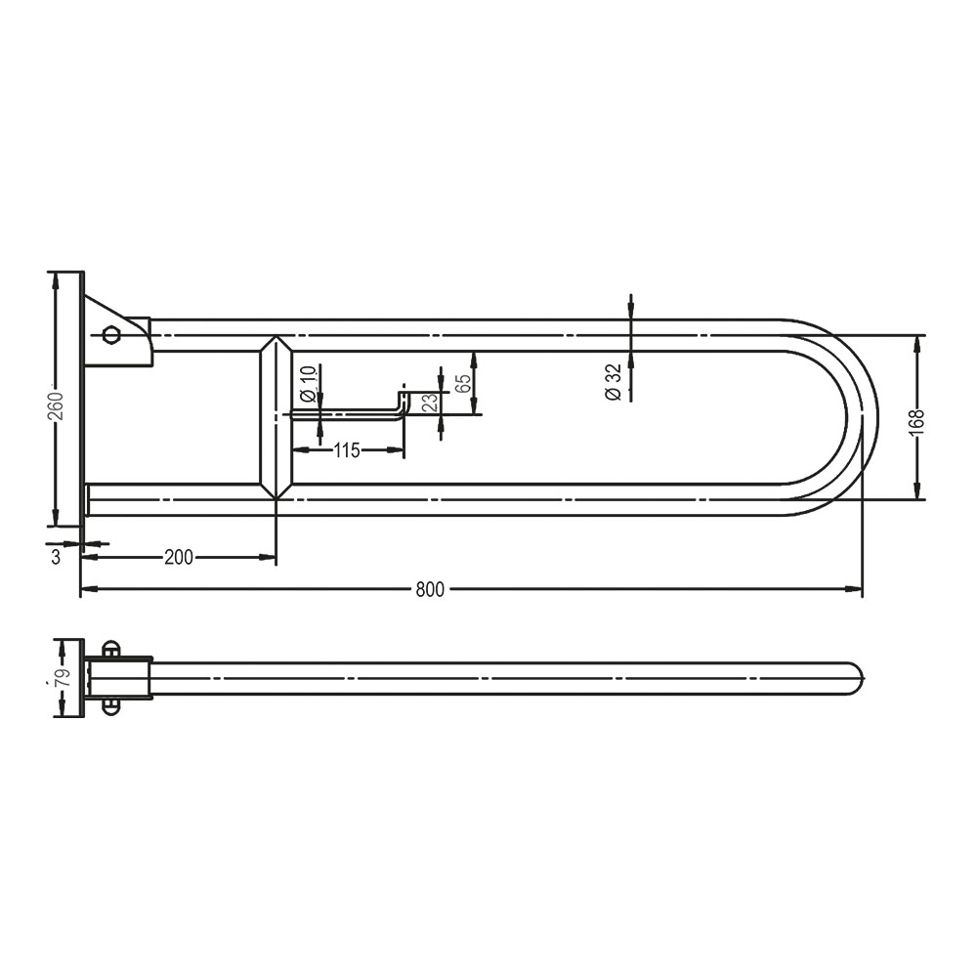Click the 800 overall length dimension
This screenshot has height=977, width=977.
(430, 589)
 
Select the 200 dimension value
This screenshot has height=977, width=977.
(179, 558)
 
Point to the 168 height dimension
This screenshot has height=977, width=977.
(915, 419)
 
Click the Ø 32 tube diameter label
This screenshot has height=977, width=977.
(614, 381)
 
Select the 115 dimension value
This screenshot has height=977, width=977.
(347, 450)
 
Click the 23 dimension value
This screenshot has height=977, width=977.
(430, 403)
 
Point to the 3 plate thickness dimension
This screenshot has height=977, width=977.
(56, 557)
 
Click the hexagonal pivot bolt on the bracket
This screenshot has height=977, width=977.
(111, 334)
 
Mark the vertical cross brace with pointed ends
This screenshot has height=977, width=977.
(276, 417)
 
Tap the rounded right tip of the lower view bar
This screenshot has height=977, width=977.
(857, 678)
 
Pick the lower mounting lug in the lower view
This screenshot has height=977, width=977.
(110, 707)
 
